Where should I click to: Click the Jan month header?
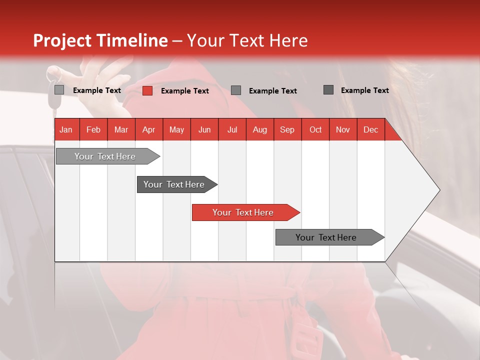point(66,129)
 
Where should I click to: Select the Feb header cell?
point(93,129)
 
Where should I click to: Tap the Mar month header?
point(121,129)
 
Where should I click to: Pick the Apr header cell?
point(149,129)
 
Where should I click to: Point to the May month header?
point(176,129)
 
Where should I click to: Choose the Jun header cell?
point(204,129)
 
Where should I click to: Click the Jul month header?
point(232,129)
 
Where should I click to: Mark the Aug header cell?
point(260,129)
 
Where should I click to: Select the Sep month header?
point(287,129)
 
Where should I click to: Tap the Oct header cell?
point(315,129)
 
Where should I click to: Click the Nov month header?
point(343,129)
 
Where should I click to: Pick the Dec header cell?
point(371,129)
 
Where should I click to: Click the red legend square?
point(147,90)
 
